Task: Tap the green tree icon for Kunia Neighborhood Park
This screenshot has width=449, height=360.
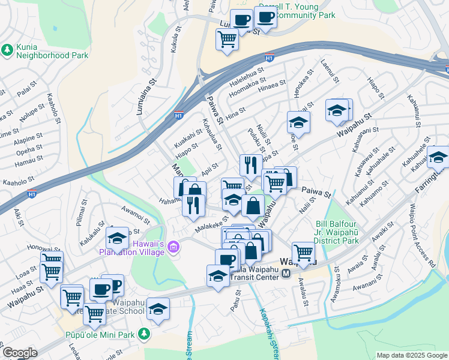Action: pyautogui.click(x=8, y=50)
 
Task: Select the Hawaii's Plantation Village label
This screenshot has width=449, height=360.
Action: pyautogui.click(x=132, y=247)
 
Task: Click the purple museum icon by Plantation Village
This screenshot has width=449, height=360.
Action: pyautogui.click(x=174, y=247)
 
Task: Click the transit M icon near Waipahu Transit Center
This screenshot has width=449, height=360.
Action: pyautogui.click(x=286, y=274)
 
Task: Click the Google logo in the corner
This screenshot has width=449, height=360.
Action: pyautogui.click(x=20, y=353)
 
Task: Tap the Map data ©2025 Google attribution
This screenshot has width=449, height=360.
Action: pyautogui.click(x=412, y=355)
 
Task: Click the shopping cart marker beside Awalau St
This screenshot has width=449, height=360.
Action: pyautogui.click(x=303, y=252)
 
